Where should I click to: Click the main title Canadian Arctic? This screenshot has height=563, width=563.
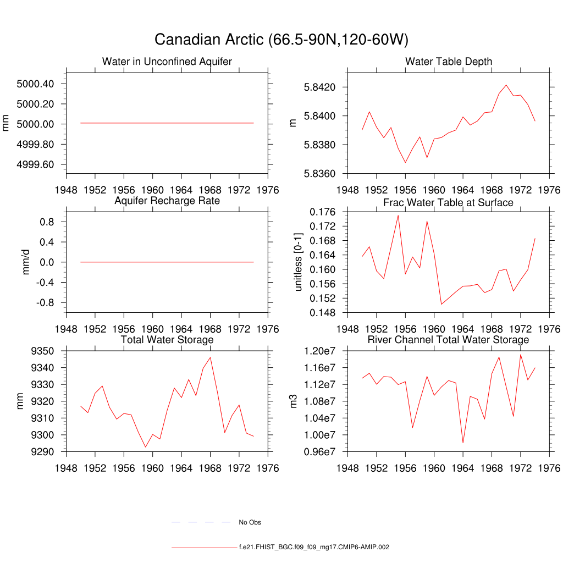281,40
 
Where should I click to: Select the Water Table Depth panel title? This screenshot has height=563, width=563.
449,61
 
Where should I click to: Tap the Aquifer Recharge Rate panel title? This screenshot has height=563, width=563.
167,201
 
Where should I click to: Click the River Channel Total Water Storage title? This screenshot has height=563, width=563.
449,340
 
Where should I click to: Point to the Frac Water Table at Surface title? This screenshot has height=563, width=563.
449,202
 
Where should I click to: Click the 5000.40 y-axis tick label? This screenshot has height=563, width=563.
35,84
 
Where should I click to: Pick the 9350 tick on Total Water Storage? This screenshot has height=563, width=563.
42,351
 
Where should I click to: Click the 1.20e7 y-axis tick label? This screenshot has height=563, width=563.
324,351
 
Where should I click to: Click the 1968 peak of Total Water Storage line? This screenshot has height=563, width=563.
210,357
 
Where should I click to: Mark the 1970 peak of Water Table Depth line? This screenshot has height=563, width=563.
506,85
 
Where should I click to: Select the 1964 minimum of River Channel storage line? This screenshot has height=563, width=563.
463,443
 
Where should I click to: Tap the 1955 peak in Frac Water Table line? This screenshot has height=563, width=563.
398,215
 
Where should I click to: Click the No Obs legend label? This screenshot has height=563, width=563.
250,522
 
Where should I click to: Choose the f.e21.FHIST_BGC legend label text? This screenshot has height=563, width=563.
314,547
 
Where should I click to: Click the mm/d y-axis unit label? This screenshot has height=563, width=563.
25,262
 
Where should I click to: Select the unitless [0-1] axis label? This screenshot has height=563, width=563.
299,262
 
